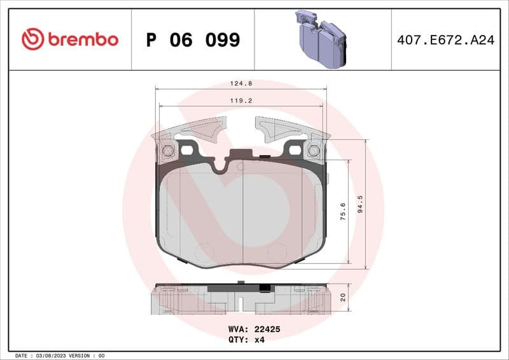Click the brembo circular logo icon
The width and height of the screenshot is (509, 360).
tap(32, 39)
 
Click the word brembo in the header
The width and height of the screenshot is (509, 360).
tap(81, 39)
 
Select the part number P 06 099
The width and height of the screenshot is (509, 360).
tap(193, 40)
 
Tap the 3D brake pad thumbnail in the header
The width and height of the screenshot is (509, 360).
tap(321, 39)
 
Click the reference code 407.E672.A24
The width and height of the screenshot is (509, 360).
tap(445, 40)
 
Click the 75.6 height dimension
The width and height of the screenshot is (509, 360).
tap(343, 211)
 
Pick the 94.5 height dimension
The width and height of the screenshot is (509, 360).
tap(360, 207)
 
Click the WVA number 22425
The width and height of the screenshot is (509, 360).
tap(267, 329)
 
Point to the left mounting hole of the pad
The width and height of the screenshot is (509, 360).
tap(168, 151)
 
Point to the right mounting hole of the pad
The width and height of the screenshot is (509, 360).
tap(313, 151)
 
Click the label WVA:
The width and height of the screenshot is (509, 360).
tap(239, 329)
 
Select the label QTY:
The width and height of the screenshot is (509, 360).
tap(239, 340)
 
